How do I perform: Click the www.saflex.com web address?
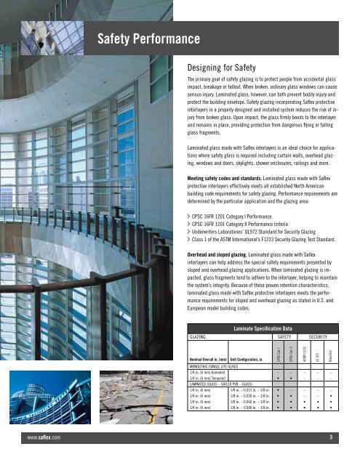pyautogui.click(x=41, y=437)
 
